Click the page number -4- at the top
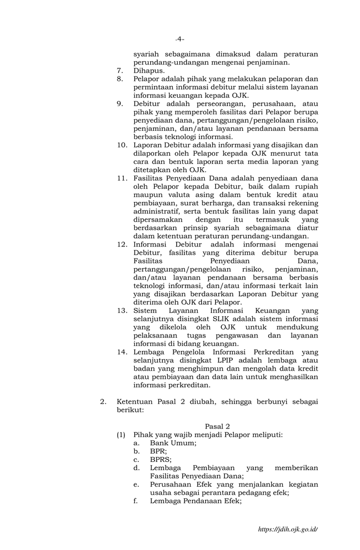pyautogui.click(x=179, y=39)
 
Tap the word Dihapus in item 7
pyautogui.click(x=148, y=71)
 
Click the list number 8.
pyautogui.click(x=119, y=79)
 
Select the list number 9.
pyautogui.click(x=119, y=104)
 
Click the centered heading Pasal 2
pyautogui.click(x=217, y=426)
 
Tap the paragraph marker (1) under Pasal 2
pyautogui.click(x=121, y=435)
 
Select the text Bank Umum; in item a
pyautogui.click(x=173, y=443)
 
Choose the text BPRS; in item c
pyautogui.click(x=161, y=459)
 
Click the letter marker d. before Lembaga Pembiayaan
pyautogui.click(x=136, y=468)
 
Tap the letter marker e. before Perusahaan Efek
pyautogui.click(x=136, y=484)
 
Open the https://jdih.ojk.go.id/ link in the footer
pyautogui.click(x=288, y=529)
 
